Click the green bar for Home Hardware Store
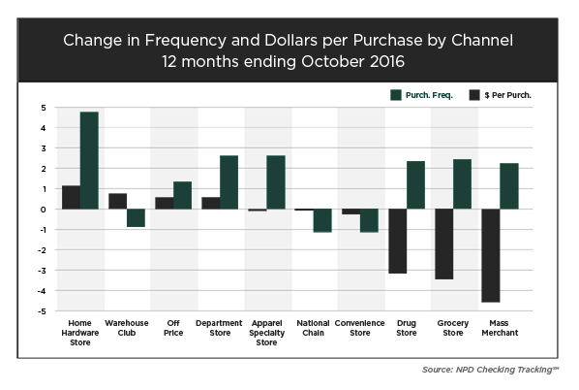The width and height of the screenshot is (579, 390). [x=89, y=160]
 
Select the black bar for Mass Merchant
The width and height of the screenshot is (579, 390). [x=491, y=255]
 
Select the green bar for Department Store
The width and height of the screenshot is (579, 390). [x=229, y=182]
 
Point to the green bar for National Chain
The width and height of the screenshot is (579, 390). [x=321, y=220]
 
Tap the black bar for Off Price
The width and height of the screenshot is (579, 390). [x=165, y=203]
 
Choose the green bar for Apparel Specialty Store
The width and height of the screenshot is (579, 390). [x=275, y=182]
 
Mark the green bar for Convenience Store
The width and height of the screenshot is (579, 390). [x=368, y=220]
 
